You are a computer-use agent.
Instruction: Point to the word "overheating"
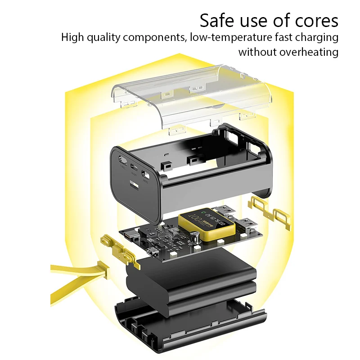tap(309, 52)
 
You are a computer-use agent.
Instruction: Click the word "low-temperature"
tap(226, 37)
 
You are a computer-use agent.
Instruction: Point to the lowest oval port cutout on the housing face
tap(145, 173)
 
